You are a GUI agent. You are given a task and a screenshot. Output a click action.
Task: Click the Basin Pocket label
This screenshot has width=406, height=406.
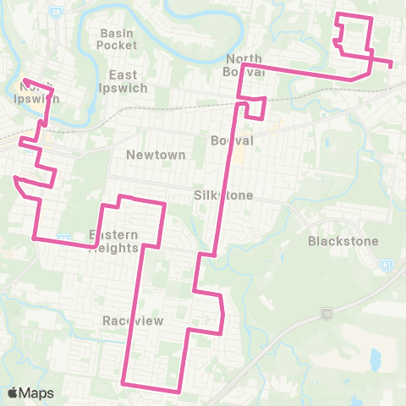point(117,39)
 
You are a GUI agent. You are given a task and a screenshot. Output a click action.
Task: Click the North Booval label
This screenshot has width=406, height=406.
point(245,65)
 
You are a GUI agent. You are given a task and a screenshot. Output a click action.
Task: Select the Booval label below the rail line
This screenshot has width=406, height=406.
point(227,140)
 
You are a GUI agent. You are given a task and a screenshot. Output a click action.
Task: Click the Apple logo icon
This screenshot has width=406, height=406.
point(13,393)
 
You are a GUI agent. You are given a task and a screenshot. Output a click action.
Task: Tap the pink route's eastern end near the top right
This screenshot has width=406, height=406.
point(391,63)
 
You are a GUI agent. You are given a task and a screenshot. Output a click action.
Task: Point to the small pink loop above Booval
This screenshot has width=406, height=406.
point(255,108)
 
